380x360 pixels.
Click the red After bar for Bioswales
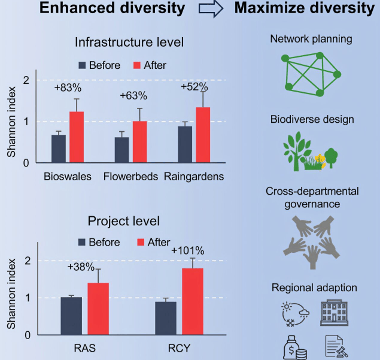tap(77, 137)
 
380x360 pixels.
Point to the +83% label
tap(67, 88)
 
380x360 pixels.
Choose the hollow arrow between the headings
tap(211, 11)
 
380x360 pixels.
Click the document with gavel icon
tap(333, 348)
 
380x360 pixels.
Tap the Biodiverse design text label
tap(311, 119)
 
